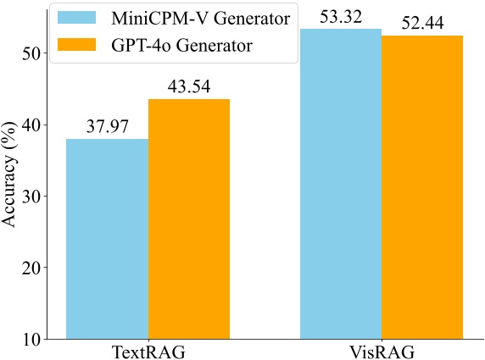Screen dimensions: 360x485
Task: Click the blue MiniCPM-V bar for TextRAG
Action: point(108,239)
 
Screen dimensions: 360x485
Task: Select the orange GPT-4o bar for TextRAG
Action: point(189,219)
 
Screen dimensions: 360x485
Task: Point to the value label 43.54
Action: point(189,87)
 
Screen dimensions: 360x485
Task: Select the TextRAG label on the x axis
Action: point(148,351)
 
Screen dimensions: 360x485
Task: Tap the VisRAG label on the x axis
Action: point(381,351)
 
